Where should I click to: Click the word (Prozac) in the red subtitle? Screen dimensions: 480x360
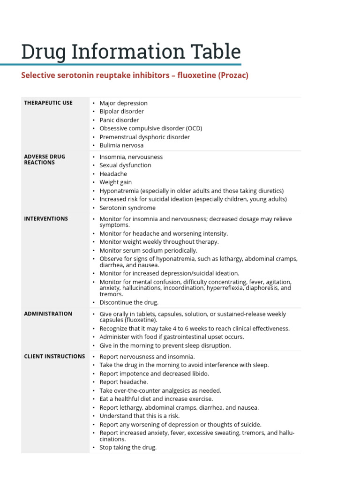pyautogui.click(x=233, y=75)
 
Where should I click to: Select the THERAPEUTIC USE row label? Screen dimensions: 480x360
pyautogui.click(x=48, y=103)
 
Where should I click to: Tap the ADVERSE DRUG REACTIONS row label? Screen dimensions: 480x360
pyautogui.click(x=45, y=159)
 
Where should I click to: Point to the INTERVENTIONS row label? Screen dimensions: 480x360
pyautogui.click(x=46, y=218)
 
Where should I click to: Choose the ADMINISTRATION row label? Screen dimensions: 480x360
pyautogui.click(x=48, y=314)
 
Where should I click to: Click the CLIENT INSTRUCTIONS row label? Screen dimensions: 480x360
pyautogui.click(x=54, y=356)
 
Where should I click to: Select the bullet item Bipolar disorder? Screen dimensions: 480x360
pyautogui.click(x=121, y=112)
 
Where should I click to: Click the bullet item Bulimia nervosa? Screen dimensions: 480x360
pyautogui.click(x=121, y=145)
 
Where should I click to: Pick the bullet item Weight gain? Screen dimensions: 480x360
pyautogui.click(x=116, y=182)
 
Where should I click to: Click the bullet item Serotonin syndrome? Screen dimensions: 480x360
pyautogui.click(x=127, y=208)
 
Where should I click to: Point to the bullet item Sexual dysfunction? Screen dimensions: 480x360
pyautogui.click(x=125, y=165)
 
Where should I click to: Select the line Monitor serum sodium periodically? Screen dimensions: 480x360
pyautogui.click(x=148, y=250)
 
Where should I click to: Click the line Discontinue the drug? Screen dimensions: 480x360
pyautogui.click(x=129, y=302)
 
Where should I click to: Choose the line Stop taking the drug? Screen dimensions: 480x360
pyautogui.click(x=128, y=447)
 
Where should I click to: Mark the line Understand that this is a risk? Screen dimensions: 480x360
pyautogui.click(x=139, y=416)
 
